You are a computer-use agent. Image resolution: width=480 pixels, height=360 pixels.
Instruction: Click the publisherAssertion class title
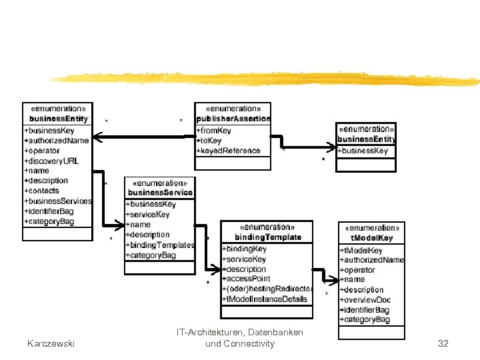(x=233, y=119)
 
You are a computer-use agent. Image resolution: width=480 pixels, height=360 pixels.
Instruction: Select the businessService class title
(x=160, y=193)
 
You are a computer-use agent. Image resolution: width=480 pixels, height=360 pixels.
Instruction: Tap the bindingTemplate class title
(x=267, y=237)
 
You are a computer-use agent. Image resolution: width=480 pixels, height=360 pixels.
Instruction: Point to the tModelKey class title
(x=371, y=238)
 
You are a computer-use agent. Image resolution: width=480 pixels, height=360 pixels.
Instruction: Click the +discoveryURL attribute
(x=51, y=161)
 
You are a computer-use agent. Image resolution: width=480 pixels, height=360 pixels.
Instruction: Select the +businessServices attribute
(x=58, y=201)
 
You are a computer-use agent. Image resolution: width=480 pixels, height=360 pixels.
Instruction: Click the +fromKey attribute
(x=214, y=131)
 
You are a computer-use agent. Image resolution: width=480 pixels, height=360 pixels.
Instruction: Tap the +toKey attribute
(x=210, y=141)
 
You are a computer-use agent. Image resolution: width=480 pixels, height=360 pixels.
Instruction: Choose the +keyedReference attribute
(x=228, y=151)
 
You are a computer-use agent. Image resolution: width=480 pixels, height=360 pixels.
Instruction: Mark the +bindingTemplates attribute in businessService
(x=159, y=245)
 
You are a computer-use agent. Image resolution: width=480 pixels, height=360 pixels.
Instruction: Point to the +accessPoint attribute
(x=246, y=279)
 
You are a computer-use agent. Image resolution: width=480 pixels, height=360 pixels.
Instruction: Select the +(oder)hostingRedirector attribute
(x=267, y=289)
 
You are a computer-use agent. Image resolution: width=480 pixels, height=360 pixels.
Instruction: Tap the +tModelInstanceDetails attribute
(x=265, y=299)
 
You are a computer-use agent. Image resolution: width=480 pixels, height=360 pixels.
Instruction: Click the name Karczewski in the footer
(x=51, y=343)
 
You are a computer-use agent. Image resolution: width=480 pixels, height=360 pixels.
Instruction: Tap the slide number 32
(x=443, y=343)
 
